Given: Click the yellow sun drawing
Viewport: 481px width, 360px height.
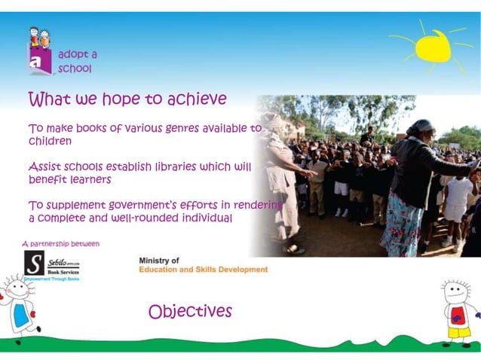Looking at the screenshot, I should tap(432, 47).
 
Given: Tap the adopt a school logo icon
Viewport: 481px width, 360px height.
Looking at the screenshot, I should tap(40, 51).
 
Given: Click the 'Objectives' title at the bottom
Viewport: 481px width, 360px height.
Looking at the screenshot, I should tap(190, 311).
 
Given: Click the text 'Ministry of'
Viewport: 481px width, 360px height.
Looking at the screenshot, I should tap(159, 261).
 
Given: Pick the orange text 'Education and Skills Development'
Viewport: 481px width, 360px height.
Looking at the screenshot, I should tap(203, 270).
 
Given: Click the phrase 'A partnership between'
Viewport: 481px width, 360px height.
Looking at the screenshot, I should tap(60, 243).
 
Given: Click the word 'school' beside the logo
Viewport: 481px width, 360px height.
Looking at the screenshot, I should tap(75, 69).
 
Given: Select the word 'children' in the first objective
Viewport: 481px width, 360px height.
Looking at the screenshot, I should tap(50, 141).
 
